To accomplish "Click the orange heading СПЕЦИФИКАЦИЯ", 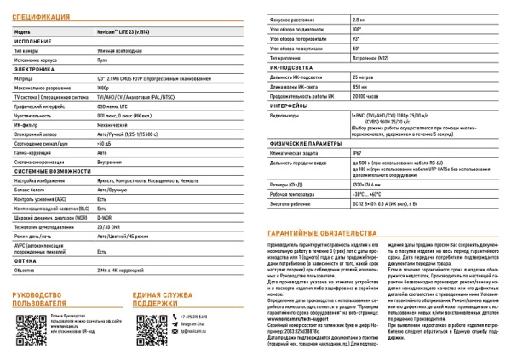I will point(42,16).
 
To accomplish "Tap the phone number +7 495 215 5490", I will point(193,317).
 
